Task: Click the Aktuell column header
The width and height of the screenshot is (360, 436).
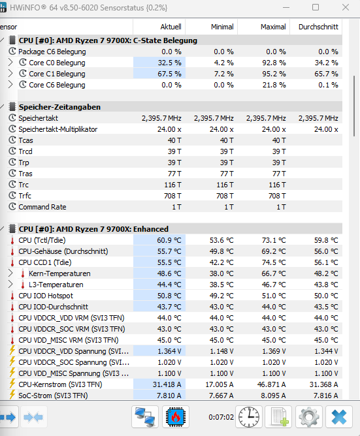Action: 171,27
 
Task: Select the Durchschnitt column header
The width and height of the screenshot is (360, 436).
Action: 318,27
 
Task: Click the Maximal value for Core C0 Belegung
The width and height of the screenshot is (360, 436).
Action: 274,63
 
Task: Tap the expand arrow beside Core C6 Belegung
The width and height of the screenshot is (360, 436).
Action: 10,85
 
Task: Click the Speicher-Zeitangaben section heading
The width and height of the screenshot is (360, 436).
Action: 59,107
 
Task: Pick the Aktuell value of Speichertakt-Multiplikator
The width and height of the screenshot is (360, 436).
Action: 169,129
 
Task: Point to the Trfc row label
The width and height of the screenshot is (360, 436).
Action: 25,196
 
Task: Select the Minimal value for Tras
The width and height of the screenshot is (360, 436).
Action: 227,174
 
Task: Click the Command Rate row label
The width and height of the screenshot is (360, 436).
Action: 42,207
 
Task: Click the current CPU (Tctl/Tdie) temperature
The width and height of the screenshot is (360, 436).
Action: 169,240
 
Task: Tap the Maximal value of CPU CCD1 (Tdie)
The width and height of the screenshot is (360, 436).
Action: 274,262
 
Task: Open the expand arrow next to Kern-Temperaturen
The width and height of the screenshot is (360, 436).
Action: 10,273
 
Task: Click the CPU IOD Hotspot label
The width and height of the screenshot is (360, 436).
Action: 46,296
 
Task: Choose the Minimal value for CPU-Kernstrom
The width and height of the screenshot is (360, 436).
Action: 220,384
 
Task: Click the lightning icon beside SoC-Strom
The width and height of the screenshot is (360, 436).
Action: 12,395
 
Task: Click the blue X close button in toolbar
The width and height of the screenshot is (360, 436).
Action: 339,417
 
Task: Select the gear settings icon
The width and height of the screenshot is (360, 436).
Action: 309,417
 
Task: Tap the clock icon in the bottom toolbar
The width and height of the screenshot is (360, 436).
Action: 249,417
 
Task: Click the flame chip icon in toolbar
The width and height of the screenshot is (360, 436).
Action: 176,417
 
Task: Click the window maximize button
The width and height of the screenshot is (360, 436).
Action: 316,7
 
